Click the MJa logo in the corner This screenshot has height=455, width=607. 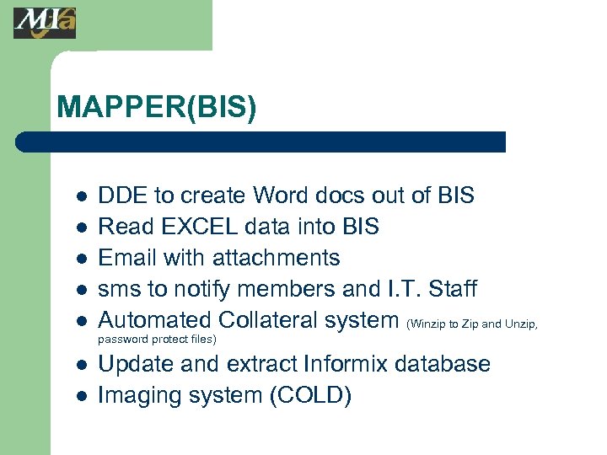pos(44,23)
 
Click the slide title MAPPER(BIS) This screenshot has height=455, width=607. pos(156,107)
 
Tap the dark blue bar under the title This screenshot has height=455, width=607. pos(261,142)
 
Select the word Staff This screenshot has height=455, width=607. pos(452,289)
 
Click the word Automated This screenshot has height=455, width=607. pos(154,320)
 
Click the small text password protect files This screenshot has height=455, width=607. pos(158,340)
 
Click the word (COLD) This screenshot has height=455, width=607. pos(309,395)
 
